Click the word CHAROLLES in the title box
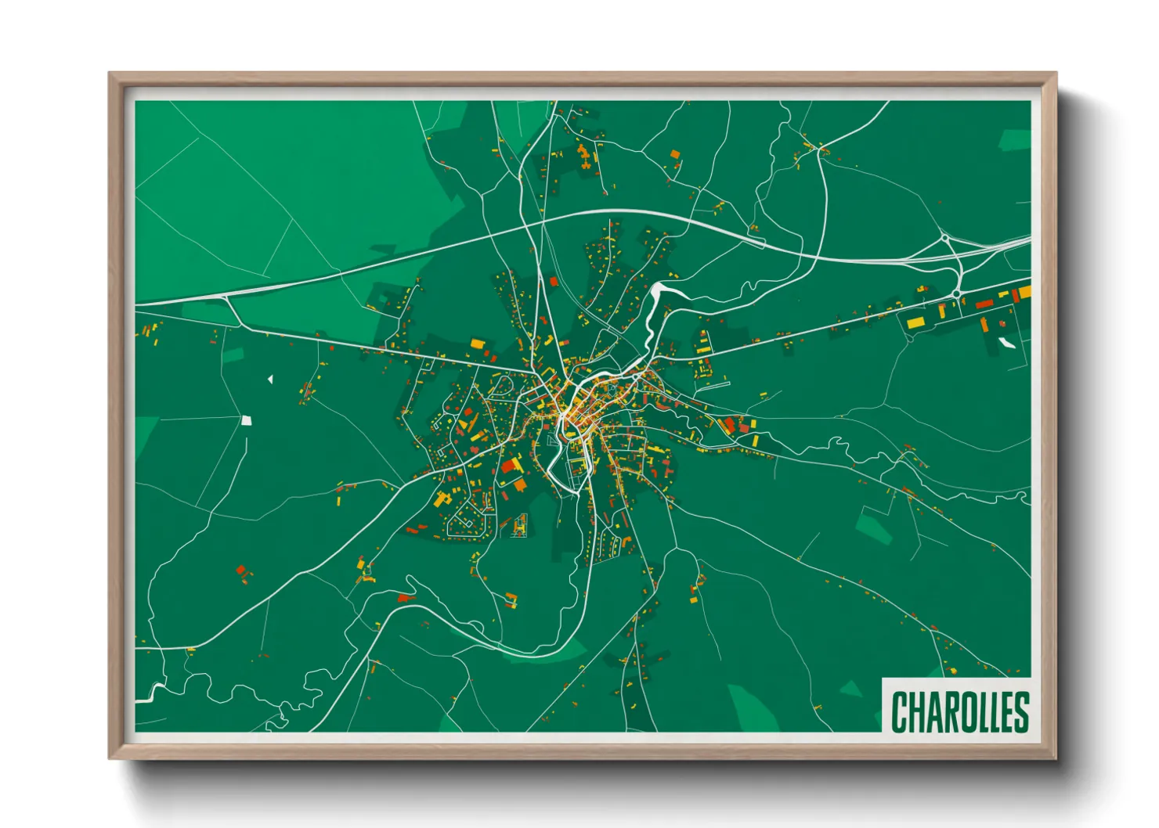point(959,711)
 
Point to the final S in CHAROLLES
point(1020,711)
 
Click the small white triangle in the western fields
point(270,380)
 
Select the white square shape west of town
point(247,420)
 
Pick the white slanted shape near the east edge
point(1006,342)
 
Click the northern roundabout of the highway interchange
point(945,237)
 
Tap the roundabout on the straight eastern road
point(956,294)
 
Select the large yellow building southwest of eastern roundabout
point(915,322)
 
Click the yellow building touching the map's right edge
point(1024,292)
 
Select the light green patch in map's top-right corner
point(1015,140)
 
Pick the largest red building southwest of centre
point(510,466)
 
